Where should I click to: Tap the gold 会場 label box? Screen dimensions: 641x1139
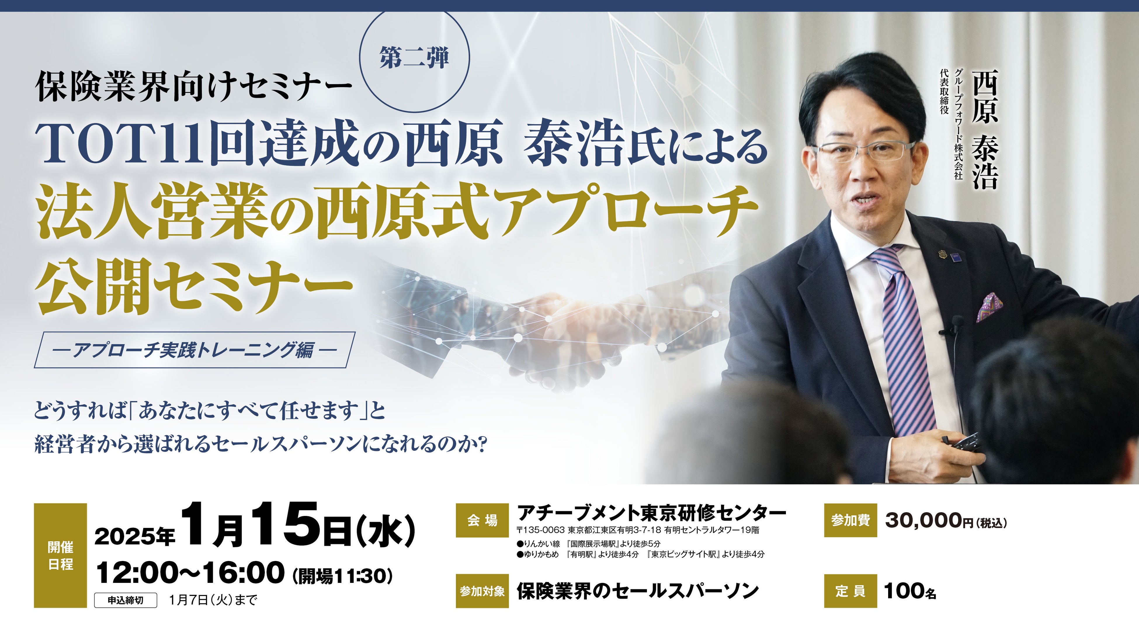tap(482, 520)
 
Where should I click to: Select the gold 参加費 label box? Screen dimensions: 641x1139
tap(850, 520)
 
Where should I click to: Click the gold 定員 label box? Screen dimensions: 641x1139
tap(850, 591)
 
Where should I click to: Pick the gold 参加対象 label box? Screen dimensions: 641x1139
tap(482, 591)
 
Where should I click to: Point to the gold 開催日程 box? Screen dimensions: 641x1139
tap(60, 556)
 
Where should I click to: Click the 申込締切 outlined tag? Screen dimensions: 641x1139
tap(126, 600)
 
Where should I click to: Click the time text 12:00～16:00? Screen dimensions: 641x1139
tap(190, 573)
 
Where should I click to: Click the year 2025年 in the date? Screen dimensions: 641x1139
tap(135, 536)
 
